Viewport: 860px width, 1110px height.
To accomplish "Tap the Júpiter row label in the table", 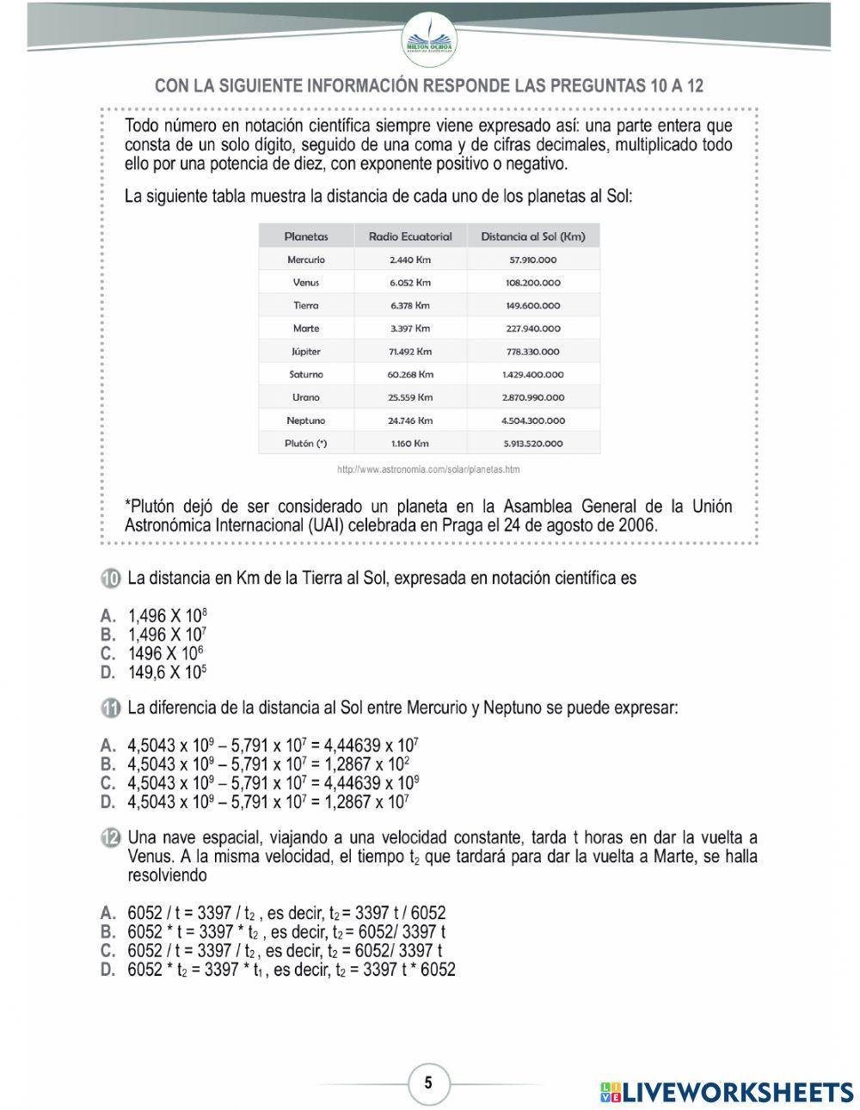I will (306, 352).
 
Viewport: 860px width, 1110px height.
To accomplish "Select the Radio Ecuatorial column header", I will (410, 236).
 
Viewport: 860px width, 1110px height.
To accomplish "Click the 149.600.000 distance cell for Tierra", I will (533, 305).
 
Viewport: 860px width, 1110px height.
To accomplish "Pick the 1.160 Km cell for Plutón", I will (409, 444).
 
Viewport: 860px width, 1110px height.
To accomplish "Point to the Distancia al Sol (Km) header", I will (533, 236).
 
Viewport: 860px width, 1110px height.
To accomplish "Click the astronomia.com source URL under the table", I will (428, 469).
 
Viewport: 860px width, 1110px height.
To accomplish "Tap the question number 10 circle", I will (110, 579).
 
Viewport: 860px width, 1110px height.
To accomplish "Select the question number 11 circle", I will (110, 708).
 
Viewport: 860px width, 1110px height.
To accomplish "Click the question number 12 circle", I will (110, 837).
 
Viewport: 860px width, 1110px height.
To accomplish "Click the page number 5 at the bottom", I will (428, 1082).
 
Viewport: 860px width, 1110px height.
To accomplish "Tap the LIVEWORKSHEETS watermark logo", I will (727, 1092).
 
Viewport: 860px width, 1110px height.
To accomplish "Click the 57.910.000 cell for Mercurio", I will (533, 260).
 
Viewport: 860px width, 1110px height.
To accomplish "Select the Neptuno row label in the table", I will (306, 420).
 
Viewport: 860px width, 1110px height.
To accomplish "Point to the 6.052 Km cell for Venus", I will (409, 282).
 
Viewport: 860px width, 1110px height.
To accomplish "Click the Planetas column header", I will (306, 236).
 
